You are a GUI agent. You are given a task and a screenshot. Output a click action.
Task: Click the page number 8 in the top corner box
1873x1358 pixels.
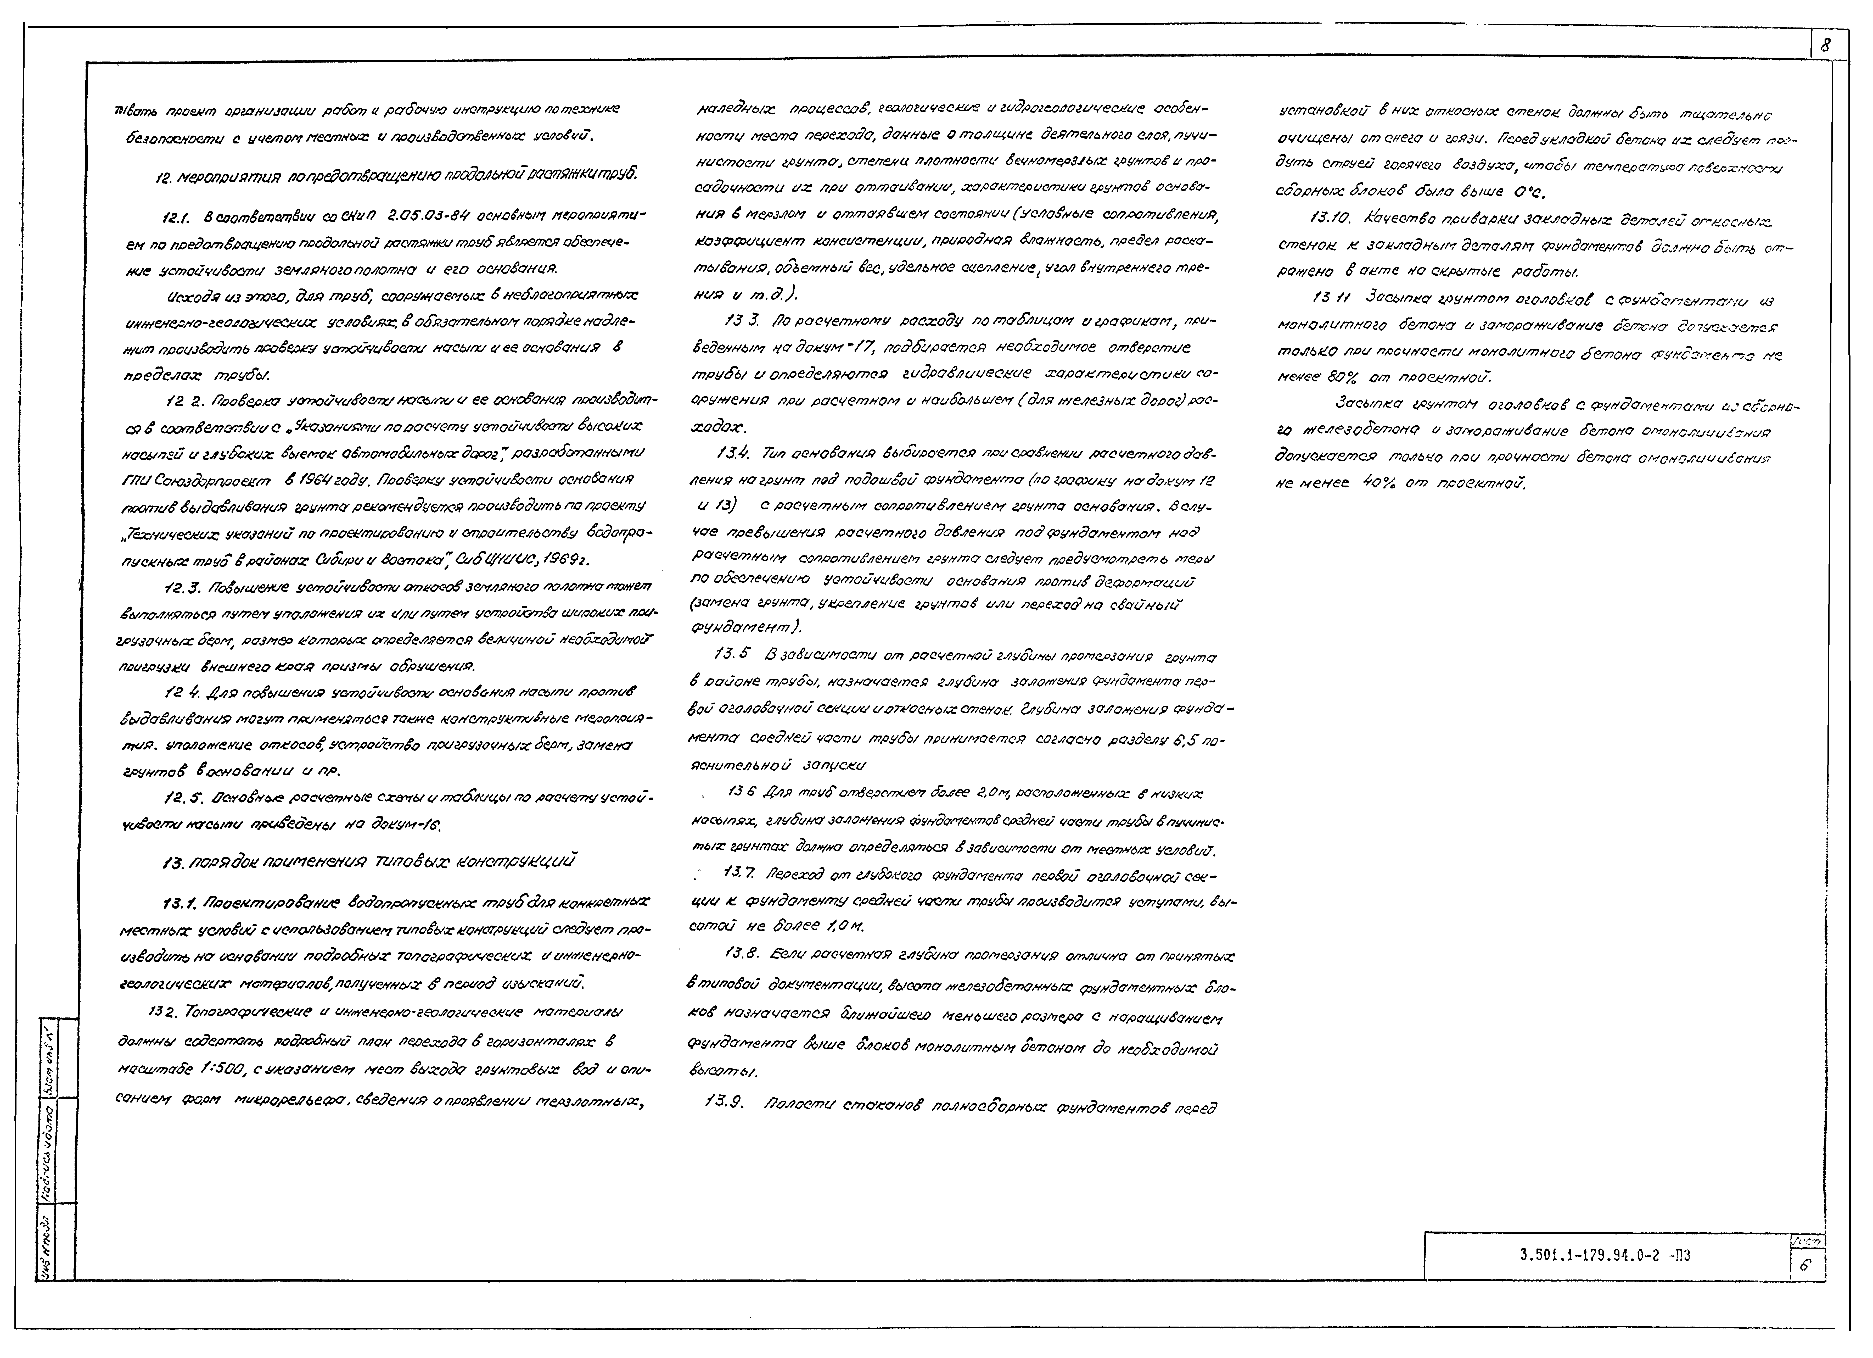[1824, 47]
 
